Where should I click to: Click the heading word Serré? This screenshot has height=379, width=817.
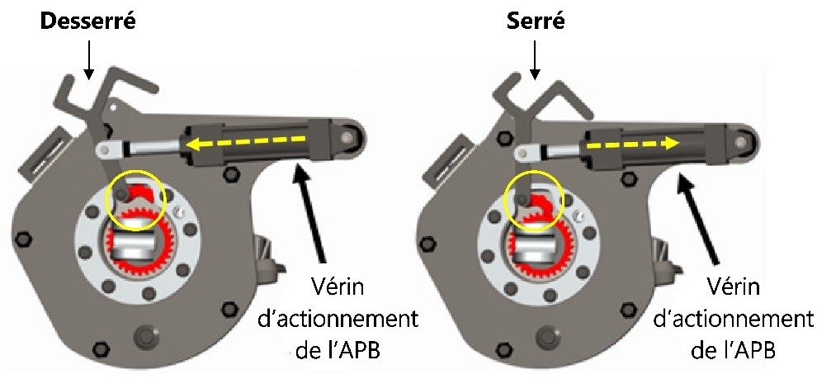(x=536, y=21)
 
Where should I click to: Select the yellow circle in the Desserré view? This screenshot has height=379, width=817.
(x=137, y=196)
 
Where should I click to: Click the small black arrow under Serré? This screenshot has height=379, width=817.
(x=536, y=62)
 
